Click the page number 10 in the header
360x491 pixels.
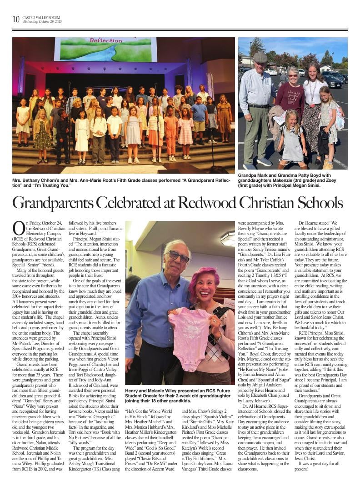tap(16, 19)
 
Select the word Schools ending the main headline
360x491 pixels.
tap(317, 203)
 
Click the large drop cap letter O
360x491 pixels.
tap(18, 227)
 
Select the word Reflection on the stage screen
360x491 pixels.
tap(106, 40)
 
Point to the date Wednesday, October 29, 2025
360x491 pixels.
tap(42, 21)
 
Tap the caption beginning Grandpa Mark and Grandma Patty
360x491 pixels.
tap(291, 180)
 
